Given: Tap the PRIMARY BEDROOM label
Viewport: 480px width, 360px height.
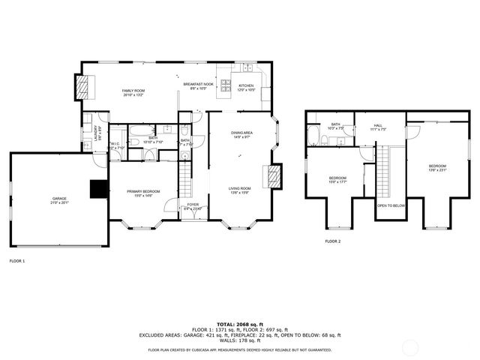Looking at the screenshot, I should tap(142, 193).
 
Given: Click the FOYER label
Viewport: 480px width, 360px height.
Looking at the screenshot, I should tap(193, 205).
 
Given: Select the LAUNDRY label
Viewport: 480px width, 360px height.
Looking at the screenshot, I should tap(87, 132).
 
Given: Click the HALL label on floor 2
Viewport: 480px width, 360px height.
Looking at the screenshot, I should tap(378, 126).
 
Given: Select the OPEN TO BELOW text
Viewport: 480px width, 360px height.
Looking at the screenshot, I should tap(391, 205).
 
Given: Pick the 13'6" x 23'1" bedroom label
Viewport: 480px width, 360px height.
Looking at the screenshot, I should tap(437, 167).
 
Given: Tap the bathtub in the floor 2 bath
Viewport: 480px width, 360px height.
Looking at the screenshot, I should tap(311, 136).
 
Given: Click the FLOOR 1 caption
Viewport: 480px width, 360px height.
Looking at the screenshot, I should tap(16, 261).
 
